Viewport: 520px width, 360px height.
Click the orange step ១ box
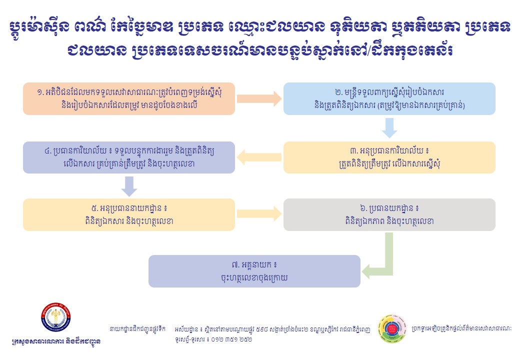129,98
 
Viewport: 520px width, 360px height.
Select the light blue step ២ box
389,98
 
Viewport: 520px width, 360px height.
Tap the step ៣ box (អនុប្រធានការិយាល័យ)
389,157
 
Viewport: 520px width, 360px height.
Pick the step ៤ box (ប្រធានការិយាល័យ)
129,157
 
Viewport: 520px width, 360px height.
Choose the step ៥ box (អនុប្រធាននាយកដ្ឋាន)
129,214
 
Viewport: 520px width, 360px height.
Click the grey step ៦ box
389,214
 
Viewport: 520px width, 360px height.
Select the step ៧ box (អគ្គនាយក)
254,271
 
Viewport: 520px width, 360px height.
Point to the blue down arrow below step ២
389,129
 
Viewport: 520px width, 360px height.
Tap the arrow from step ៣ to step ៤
259,157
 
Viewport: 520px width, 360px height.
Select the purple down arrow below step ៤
129,186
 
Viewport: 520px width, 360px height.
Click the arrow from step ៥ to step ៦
259,214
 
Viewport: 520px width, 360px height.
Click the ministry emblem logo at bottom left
55,318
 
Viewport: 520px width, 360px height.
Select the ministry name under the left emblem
55,342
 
